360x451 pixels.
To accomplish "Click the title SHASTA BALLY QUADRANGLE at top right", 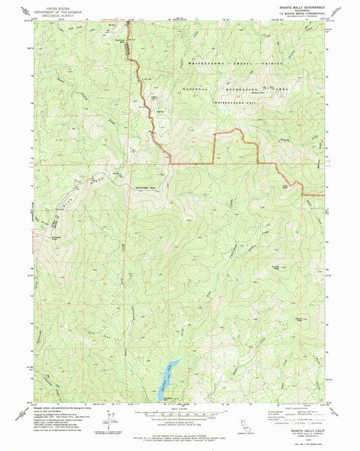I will (298, 7).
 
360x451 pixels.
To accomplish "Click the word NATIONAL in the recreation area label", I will (198, 89).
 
